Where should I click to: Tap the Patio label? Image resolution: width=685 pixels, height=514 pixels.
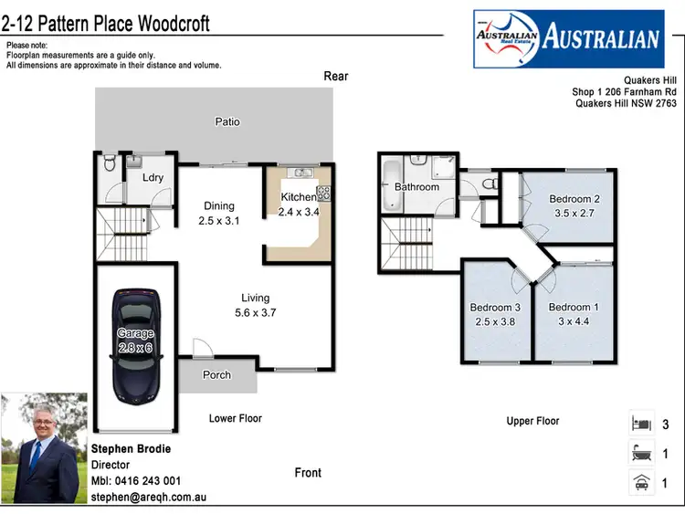(x=227, y=121)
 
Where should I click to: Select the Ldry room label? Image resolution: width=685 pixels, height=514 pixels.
(x=153, y=177)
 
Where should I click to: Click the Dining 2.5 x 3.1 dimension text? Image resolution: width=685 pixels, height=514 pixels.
(x=218, y=220)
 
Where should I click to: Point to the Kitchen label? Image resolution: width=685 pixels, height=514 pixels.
(x=298, y=197)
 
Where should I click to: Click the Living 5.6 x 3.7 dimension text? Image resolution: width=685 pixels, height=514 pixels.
(x=255, y=312)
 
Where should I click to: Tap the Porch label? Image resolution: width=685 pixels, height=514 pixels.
(x=216, y=375)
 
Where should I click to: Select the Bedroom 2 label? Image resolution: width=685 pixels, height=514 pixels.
(x=574, y=199)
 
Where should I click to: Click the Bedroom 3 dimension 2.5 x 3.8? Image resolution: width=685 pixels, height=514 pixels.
(x=494, y=321)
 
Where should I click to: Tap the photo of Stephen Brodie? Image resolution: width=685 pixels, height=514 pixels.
(x=44, y=449)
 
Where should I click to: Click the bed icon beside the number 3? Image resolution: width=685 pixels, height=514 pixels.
(x=640, y=424)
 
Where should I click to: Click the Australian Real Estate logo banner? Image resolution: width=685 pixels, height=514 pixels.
(x=567, y=37)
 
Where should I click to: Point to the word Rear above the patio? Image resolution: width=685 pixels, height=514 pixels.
(x=336, y=76)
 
